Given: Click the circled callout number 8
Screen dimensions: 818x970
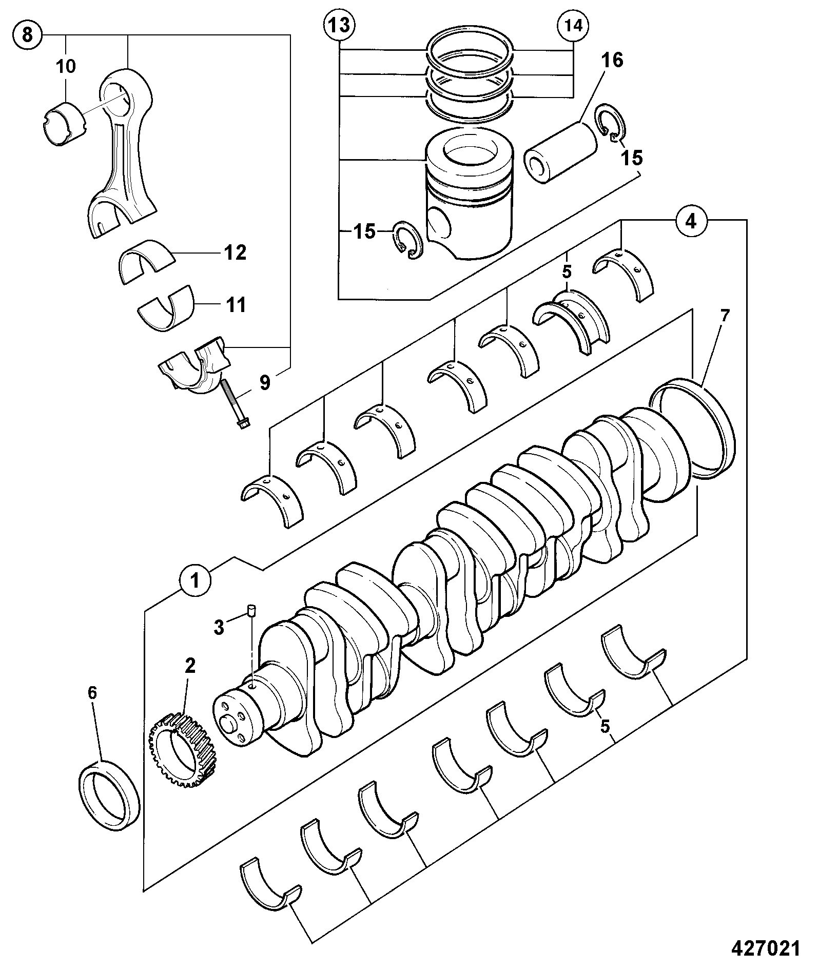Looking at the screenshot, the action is (28, 35).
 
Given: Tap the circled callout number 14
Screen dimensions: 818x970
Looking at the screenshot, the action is (574, 26).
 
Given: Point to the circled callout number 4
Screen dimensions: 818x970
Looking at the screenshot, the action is (691, 221).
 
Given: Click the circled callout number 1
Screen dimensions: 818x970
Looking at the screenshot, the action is (195, 581).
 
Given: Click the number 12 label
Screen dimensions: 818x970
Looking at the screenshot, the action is (236, 253).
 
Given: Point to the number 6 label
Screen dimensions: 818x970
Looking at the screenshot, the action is (92, 693).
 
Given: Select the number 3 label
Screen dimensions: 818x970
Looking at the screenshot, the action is (219, 627).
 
